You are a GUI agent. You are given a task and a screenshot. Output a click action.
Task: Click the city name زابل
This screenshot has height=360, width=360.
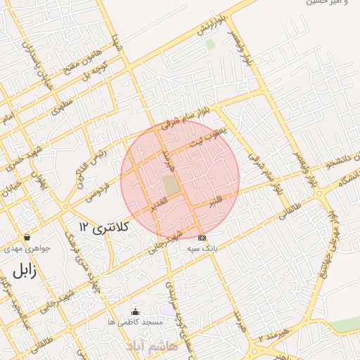pyautogui.click(x=25, y=271)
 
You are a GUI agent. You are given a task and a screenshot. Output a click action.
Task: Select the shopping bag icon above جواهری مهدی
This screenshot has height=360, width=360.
pyautogui.click(x=27, y=238)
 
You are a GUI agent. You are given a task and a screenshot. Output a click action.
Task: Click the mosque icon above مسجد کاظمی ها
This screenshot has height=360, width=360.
pyautogui.click(x=136, y=311)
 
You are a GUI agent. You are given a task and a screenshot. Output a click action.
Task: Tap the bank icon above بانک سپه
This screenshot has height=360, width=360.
pyautogui.click(x=202, y=238)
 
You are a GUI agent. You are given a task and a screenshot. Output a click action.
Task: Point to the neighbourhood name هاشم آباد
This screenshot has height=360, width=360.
pyautogui.click(x=152, y=347)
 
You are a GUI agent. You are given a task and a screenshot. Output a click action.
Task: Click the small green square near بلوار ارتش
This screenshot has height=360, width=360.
pyautogui.click(x=210, y=44)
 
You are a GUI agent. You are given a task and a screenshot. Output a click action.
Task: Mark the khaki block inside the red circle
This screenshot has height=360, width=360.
pyautogui.click(x=170, y=186)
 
